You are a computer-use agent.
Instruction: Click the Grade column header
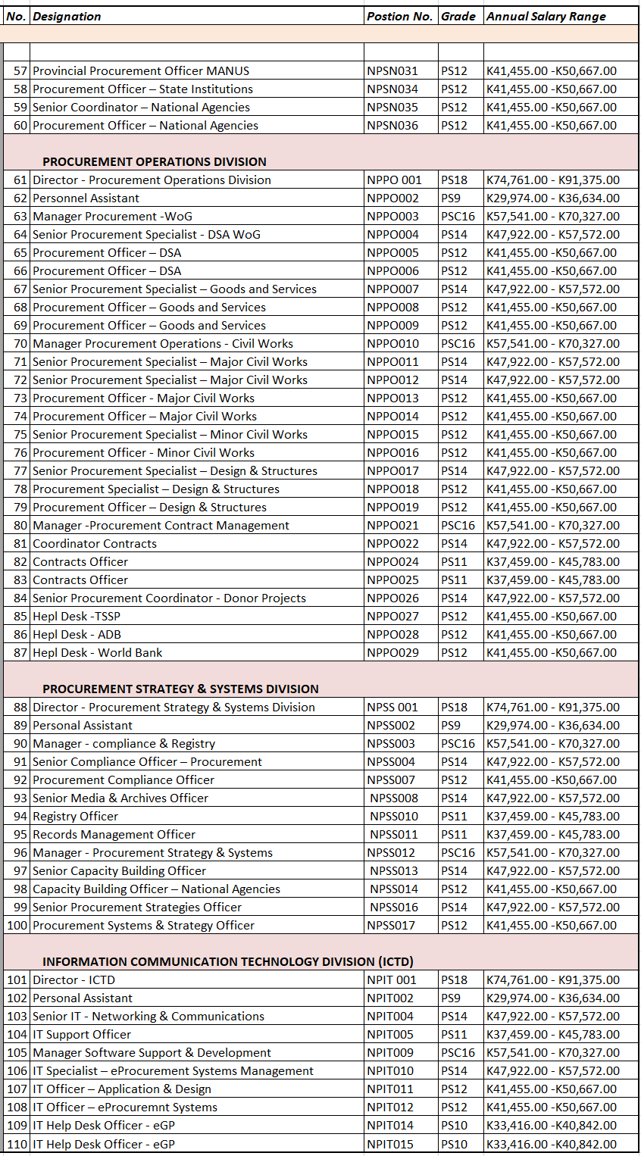[458, 16]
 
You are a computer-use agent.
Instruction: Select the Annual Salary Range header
[546, 16]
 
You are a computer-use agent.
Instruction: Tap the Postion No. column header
[399, 16]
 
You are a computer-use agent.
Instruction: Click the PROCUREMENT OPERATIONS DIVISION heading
[155, 161]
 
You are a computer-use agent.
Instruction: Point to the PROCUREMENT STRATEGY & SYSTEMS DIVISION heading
[180, 689]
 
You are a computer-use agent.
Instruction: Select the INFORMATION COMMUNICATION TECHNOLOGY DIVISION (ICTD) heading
[227, 961]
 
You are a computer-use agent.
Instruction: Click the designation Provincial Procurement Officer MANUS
[141, 70]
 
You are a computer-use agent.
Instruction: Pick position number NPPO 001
[392, 180]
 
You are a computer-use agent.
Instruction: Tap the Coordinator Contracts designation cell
[95, 543]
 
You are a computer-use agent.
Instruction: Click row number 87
[20, 652]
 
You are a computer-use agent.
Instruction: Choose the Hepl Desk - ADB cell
[77, 634]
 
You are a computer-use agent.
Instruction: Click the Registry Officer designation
[75, 816]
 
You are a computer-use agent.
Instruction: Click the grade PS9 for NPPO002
[451, 198]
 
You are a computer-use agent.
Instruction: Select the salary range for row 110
[551, 1144]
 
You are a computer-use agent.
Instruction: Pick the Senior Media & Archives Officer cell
[120, 798]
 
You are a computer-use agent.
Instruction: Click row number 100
[17, 925]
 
